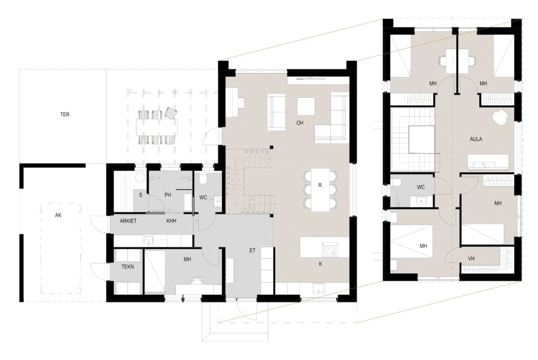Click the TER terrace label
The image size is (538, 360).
(x=65, y=115)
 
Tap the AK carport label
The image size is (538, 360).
(x=58, y=215)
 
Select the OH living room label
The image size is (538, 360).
(x=300, y=123)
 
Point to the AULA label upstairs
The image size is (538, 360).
(x=476, y=139)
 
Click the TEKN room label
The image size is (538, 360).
(x=128, y=266)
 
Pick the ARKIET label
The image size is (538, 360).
(x=128, y=221)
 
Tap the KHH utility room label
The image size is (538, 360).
(x=171, y=221)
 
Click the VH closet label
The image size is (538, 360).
(x=471, y=259)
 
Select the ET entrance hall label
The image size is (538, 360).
(x=253, y=251)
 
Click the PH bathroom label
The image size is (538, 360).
(x=168, y=196)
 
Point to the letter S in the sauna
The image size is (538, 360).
(x=141, y=196)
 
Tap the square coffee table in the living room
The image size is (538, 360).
(x=306, y=106)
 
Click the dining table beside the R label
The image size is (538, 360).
(x=320, y=189)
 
